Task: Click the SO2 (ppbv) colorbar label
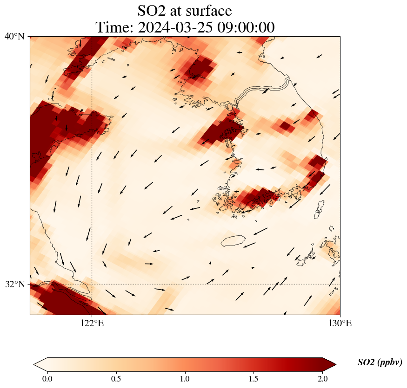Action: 380,362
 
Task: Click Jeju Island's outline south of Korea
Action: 233,241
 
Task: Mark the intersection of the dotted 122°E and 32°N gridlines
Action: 92,284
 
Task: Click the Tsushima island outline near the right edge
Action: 319,209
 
